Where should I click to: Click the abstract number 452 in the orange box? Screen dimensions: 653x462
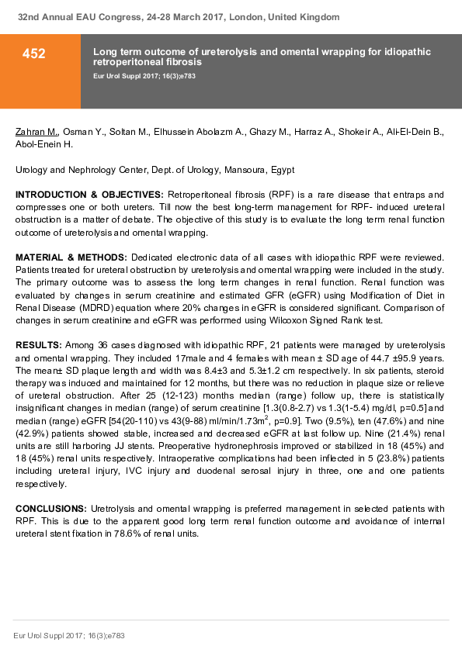(33, 54)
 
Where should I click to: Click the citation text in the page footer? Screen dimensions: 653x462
(69, 635)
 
